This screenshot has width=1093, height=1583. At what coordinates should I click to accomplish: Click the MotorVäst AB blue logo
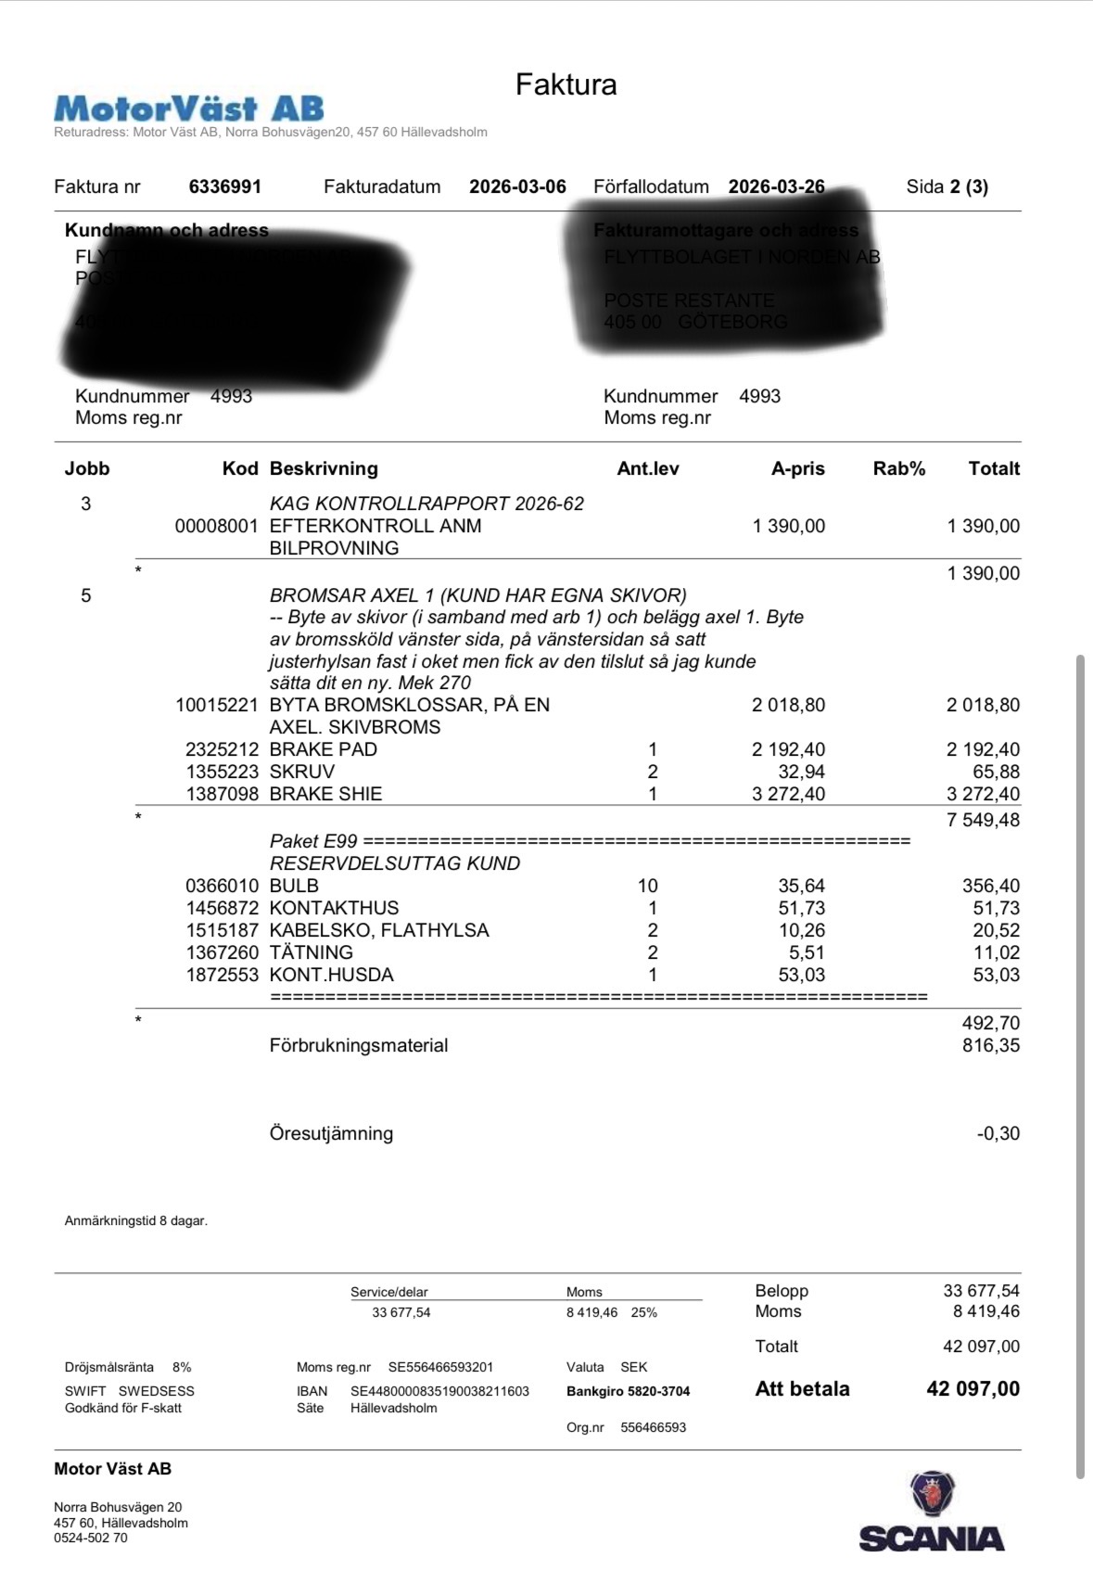pos(189,109)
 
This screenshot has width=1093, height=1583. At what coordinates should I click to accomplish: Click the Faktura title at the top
pos(566,84)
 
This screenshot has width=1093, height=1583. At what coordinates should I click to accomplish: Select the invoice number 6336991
pos(225,186)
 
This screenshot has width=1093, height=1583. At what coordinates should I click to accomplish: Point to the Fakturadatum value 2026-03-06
pos(517,186)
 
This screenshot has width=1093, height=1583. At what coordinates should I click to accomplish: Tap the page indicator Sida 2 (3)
pos(947,186)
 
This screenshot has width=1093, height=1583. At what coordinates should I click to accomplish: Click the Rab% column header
pos(898,468)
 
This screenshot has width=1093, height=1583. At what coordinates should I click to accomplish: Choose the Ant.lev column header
pos(647,468)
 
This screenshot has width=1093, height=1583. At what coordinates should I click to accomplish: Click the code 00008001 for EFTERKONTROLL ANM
pos(217,526)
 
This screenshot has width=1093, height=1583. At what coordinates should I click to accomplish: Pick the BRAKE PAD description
pos(323,749)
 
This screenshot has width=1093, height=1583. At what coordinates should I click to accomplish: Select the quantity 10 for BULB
pos(647,886)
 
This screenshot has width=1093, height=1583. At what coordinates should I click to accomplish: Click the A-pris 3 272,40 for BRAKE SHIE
pos(788,794)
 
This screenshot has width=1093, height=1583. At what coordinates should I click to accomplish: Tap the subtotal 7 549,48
pos(983,820)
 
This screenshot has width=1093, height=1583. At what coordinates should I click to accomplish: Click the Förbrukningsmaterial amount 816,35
pos(990,1045)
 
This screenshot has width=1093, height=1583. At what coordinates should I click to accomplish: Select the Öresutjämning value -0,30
pos(998,1133)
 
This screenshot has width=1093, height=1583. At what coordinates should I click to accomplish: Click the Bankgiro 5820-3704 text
pos(628,1391)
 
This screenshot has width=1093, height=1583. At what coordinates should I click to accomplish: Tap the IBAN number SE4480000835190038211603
pos(439,1391)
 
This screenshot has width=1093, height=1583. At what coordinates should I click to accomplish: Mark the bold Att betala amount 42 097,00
pos(972,1389)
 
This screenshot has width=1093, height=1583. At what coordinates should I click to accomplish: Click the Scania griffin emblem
pos(933,1493)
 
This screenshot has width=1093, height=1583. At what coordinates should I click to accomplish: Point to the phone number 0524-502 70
pos(91,1538)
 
